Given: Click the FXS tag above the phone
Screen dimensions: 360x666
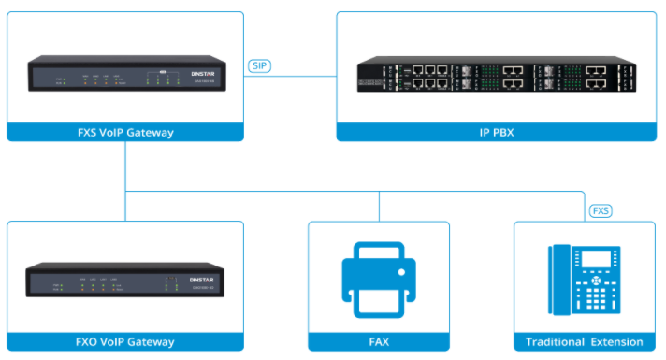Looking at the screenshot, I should [x=601, y=211].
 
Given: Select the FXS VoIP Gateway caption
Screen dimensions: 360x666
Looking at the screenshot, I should [x=124, y=132].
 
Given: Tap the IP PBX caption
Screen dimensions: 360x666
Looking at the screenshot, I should [x=497, y=132].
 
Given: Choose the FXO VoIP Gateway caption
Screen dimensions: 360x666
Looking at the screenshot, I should [x=124, y=342].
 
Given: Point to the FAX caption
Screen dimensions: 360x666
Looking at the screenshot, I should [x=379, y=342].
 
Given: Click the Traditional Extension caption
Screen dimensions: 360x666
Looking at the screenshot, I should [x=585, y=342].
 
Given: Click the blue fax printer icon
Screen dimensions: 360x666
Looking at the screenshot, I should [x=379, y=278].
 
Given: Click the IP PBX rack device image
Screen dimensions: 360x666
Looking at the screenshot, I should [x=497, y=76].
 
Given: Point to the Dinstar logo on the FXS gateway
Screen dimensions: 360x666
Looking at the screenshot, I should [x=200, y=72].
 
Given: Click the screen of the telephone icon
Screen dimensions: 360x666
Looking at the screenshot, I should [x=595, y=260].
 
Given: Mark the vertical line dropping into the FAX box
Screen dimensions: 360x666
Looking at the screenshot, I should [x=379, y=207].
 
